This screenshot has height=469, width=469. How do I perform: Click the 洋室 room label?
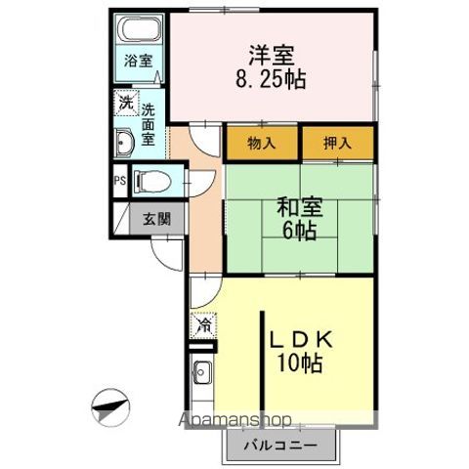(272, 55)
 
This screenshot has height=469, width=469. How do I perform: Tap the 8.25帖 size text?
(271, 79)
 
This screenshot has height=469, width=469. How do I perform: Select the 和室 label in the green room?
(300, 207)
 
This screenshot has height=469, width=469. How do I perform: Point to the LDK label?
(300, 340)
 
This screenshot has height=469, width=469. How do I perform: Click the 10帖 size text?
(300, 362)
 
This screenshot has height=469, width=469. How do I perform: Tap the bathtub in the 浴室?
(140, 28)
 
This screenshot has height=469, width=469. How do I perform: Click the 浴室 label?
(138, 61)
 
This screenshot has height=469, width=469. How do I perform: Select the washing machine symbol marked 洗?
(126, 103)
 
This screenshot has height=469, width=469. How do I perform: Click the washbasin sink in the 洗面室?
(124, 143)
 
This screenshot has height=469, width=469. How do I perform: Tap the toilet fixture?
(152, 181)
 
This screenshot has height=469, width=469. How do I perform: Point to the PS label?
(119, 181)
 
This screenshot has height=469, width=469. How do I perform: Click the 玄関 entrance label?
(157, 219)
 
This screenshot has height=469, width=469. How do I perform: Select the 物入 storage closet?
(262, 143)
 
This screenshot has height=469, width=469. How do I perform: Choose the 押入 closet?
(338, 143)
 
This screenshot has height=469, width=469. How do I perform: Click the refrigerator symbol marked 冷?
(204, 324)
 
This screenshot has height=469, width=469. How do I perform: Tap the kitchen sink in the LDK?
(202, 372)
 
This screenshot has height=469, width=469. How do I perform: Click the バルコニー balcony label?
(280, 446)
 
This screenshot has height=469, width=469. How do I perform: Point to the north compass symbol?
(110, 407)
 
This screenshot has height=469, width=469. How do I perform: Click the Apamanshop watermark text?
(234, 419)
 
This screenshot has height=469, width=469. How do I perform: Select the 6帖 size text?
(300, 231)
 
